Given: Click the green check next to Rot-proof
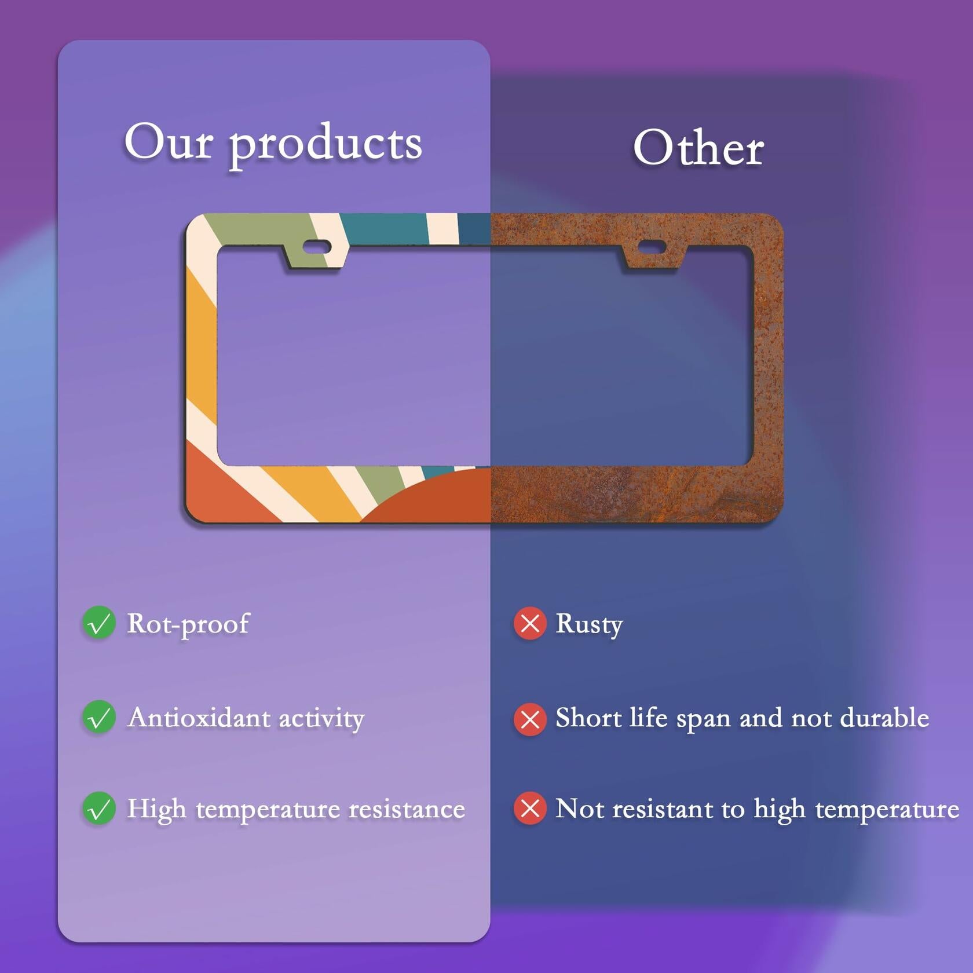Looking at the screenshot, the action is click(99, 623).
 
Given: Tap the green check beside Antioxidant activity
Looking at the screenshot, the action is click(99, 717).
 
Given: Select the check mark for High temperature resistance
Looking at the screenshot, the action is click(99, 809).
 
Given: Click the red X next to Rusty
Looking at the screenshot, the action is click(530, 624).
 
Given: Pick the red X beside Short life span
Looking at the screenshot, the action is click(530, 719).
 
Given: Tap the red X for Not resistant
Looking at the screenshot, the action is click(530, 809).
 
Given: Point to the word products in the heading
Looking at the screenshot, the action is click(325, 145).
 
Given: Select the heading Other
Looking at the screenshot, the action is click(698, 148).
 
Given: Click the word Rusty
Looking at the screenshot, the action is click(589, 625).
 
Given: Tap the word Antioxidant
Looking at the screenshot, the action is click(199, 718).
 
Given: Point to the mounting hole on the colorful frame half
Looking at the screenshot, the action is click(317, 247).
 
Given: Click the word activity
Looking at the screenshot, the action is click(321, 719).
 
